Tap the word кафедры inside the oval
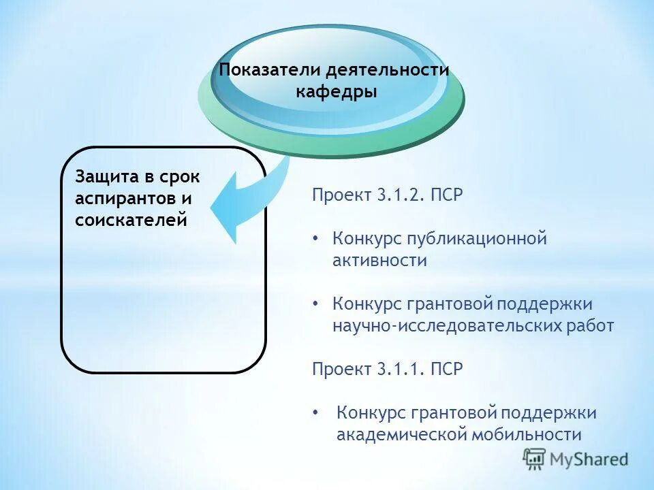pyautogui.click(x=337, y=92)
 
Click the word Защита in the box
pyautogui.click(x=106, y=177)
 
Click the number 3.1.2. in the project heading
pyautogui.click(x=401, y=195)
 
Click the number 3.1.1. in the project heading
pyautogui.click(x=401, y=370)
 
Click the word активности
pyautogui.click(x=379, y=261)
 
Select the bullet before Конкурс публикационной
pyautogui.click(x=315, y=240)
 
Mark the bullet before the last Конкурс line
pyautogui.click(x=315, y=413)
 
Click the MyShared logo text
pyautogui.click(x=589, y=459)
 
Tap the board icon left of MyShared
pyautogui.click(x=535, y=459)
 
